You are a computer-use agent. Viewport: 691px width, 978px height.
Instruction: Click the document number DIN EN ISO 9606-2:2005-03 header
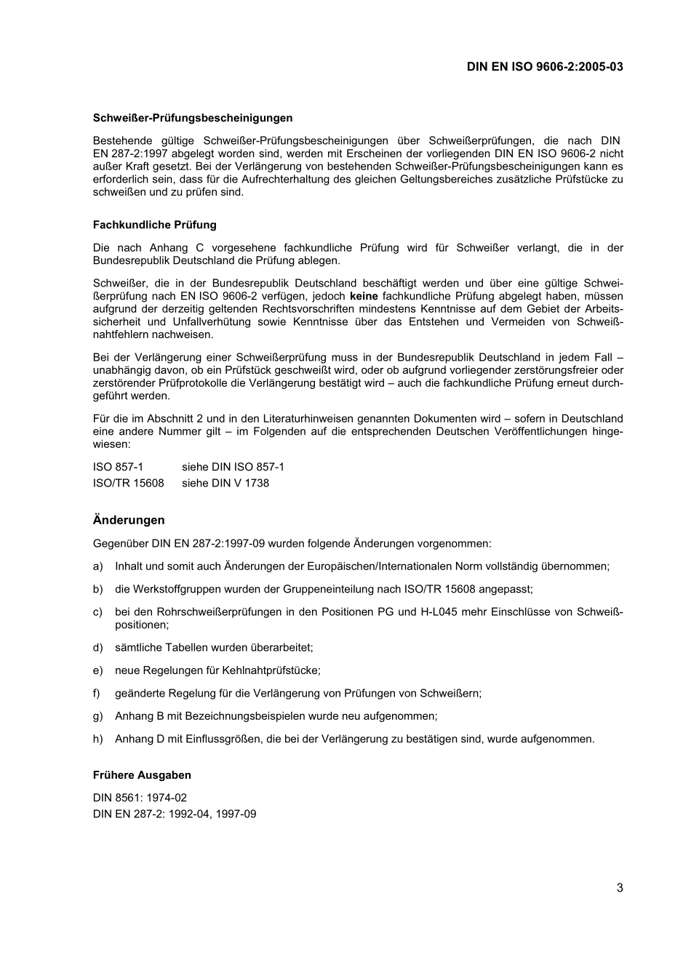click(x=545, y=67)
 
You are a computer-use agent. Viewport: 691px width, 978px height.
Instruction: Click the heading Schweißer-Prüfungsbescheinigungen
click(x=193, y=118)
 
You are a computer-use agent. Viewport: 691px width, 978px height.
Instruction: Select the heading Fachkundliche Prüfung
click(x=154, y=225)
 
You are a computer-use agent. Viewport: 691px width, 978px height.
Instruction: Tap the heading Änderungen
click(x=129, y=520)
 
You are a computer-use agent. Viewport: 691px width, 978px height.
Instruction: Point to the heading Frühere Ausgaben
click(x=142, y=775)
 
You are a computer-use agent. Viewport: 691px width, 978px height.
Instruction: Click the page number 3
click(x=620, y=887)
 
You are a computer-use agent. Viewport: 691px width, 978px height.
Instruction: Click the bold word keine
click(x=364, y=296)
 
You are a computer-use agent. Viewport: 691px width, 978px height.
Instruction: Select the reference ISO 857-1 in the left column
click(x=118, y=467)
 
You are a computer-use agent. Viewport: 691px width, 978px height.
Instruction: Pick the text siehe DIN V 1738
click(x=225, y=483)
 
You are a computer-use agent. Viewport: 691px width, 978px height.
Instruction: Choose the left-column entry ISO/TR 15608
click(x=129, y=483)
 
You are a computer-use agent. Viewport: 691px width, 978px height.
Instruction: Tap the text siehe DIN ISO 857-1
click(x=233, y=467)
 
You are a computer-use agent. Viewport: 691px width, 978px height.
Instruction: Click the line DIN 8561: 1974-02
click(x=140, y=798)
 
